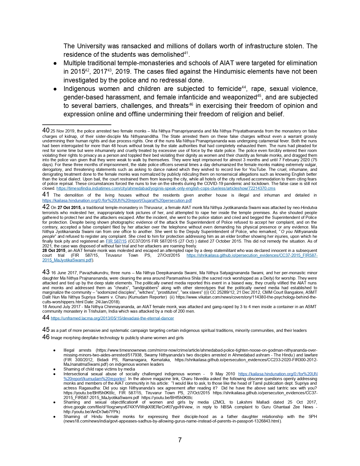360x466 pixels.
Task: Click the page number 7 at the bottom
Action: click(x=180, y=440)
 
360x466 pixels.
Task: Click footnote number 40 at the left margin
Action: click(x=46, y=130)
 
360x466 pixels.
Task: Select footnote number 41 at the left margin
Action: click(x=46, y=195)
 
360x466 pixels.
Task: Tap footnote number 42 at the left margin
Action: click(x=46, y=207)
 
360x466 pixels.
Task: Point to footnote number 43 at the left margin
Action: click(x=46, y=272)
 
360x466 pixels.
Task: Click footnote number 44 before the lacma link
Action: click(x=46, y=318)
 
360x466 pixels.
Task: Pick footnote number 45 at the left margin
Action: click(x=46, y=330)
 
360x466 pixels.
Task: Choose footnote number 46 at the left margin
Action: click(x=46, y=337)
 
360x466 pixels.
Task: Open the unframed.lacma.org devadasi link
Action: click(x=112, y=318)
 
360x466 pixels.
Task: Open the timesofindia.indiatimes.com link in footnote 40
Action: click(x=166, y=188)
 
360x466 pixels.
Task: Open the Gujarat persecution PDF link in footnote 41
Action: click(x=117, y=201)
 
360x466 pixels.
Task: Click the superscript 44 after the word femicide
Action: click(x=244, y=87)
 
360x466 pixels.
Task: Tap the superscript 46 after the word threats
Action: click(x=191, y=104)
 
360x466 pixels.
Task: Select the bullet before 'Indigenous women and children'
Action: click(x=56, y=89)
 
